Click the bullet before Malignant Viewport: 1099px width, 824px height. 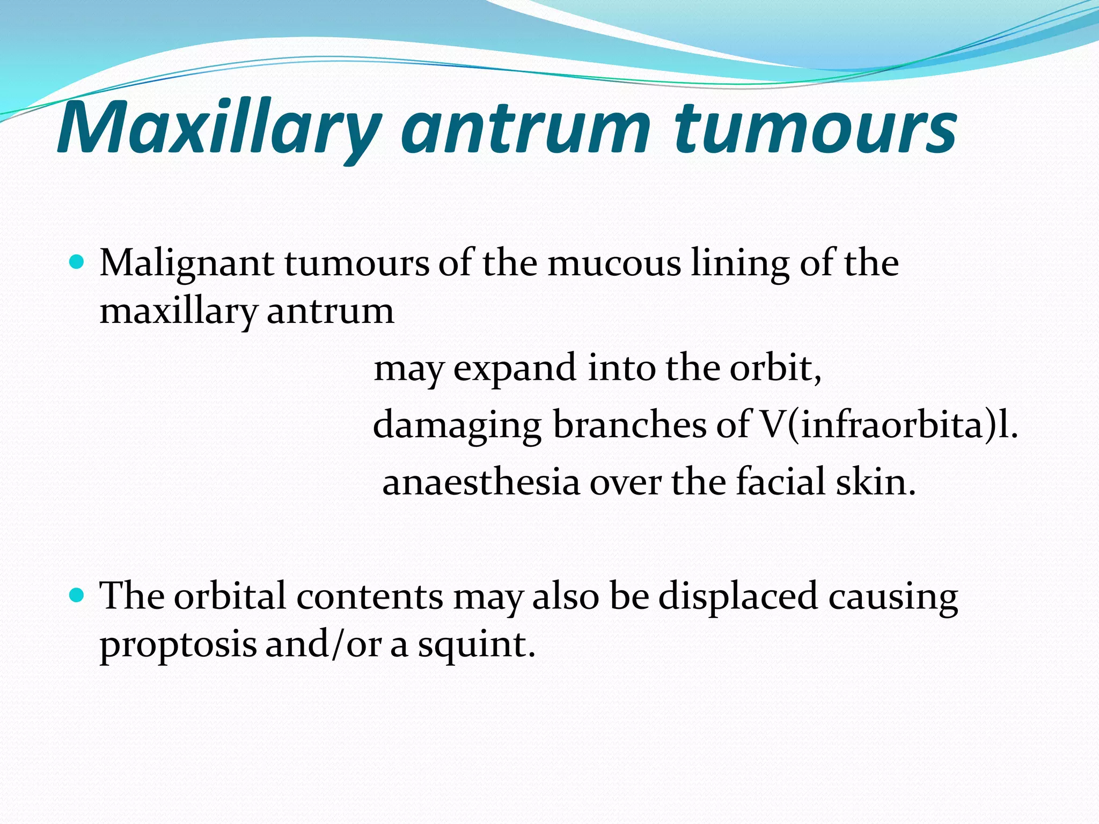click(x=77, y=262)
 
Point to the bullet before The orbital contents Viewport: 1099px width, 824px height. click(x=77, y=595)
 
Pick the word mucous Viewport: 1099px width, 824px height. click(x=614, y=264)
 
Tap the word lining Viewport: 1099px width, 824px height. click(x=740, y=264)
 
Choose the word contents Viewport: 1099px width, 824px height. click(x=370, y=597)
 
